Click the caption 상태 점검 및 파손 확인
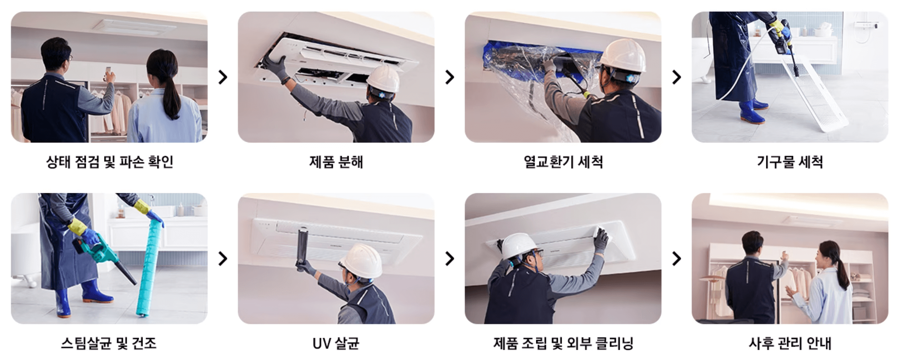[109, 162]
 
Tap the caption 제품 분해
[336, 162]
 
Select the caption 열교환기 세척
[563, 162]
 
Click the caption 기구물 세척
[790, 162]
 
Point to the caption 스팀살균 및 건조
[109, 343]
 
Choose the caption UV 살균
[336, 343]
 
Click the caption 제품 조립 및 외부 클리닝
[563, 343]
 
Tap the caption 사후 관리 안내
[790, 343]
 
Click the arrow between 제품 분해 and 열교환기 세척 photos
[449, 77]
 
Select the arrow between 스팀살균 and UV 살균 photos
[223, 259]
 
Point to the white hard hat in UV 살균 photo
[361, 260]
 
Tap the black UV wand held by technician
[302, 248]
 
